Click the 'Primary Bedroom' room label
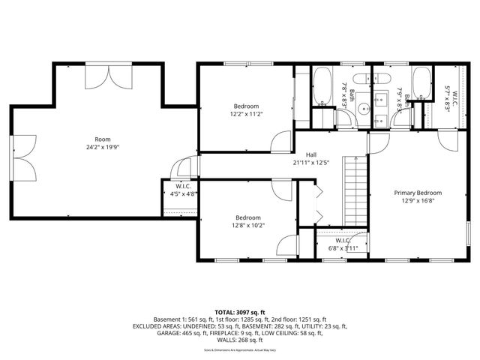click(418, 193)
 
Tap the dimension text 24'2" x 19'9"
click(102, 147)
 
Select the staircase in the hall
click(355, 191)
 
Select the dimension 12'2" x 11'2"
click(247, 114)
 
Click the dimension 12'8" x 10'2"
click(248, 224)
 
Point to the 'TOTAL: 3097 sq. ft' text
click(239, 312)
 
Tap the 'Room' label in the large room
click(102, 139)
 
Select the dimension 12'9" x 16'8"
click(418, 201)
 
